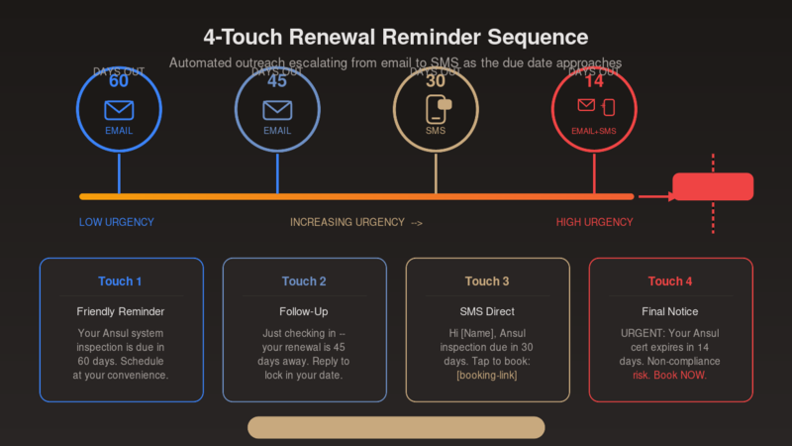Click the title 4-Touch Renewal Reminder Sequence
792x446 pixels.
click(396, 38)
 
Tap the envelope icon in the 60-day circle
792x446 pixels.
click(119, 109)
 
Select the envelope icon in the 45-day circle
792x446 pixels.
click(277, 109)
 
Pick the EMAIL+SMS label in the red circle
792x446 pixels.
click(594, 131)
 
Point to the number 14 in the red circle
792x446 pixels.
click(594, 82)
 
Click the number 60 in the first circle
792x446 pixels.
click(119, 82)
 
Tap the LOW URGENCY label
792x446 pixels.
click(117, 222)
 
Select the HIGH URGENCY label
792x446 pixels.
click(594, 222)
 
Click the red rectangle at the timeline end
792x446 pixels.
click(713, 186)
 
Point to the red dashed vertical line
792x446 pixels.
click(713, 223)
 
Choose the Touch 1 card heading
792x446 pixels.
click(120, 281)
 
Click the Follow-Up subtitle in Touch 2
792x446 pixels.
click(304, 311)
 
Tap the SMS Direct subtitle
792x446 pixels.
click(487, 311)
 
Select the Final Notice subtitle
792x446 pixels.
click(670, 311)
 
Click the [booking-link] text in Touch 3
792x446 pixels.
click(487, 376)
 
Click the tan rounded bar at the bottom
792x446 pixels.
click(396, 427)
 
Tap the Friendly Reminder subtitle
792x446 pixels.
click(120, 311)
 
